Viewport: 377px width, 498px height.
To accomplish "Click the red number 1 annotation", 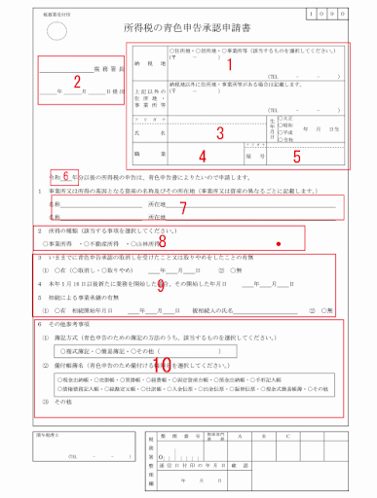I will click(231, 65).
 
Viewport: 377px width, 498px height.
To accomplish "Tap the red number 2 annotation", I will click(77, 82).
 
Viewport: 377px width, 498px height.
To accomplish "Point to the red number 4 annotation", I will click(202, 155).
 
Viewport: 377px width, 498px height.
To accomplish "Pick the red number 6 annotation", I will click(65, 176).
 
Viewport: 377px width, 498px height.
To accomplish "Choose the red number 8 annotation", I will click(162, 239).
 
